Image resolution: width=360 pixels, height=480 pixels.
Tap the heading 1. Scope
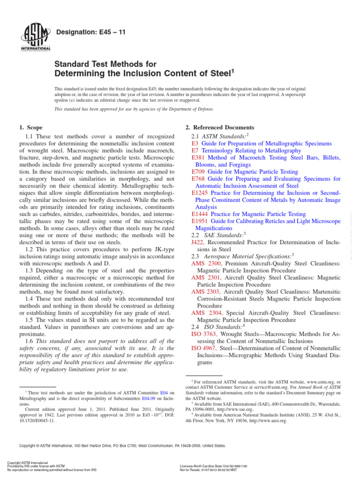coord(30,127)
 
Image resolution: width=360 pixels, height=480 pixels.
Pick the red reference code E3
coord(195,143)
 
